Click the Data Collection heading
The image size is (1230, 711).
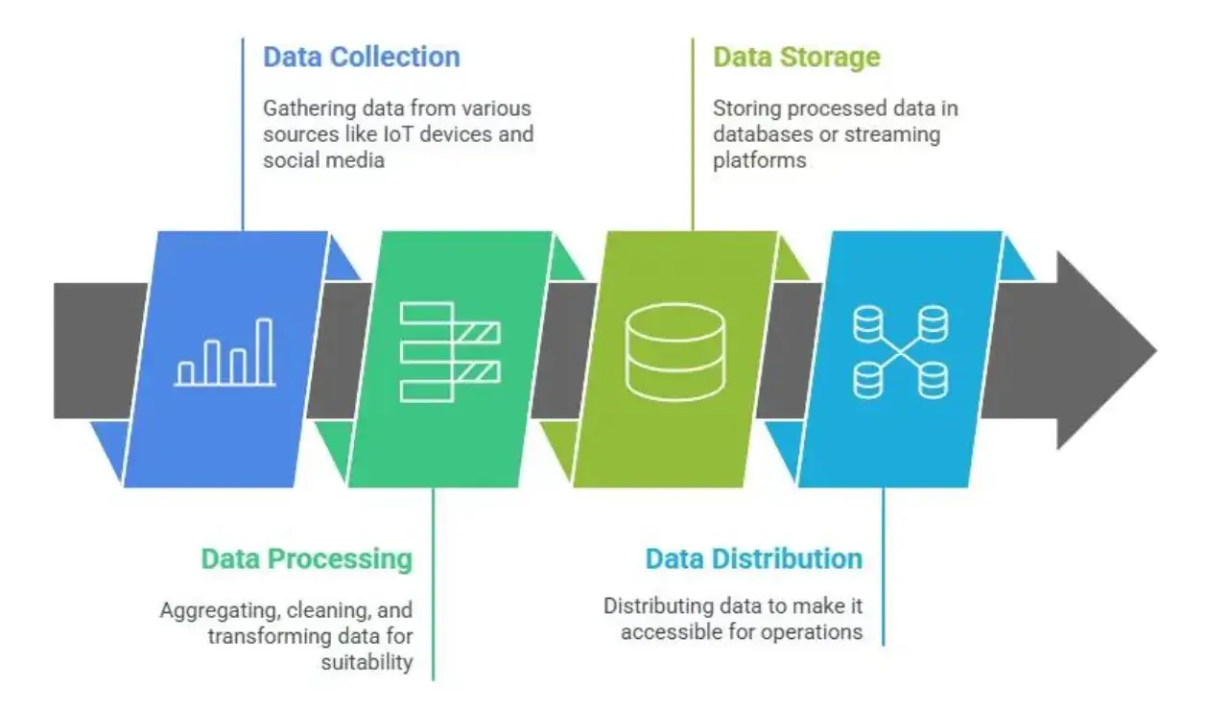(x=361, y=57)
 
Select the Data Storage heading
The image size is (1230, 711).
(x=795, y=57)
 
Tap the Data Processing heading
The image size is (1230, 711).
(x=306, y=558)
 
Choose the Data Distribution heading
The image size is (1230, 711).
(x=753, y=558)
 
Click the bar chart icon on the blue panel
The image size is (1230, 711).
(x=225, y=353)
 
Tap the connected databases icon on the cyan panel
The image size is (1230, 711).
(x=900, y=352)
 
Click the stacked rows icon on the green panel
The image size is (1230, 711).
(x=450, y=352)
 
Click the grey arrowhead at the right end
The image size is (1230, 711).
(x=1103, y=351)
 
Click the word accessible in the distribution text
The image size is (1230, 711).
(x=666, y=631)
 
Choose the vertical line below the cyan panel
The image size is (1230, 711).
(x=883, y=566)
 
